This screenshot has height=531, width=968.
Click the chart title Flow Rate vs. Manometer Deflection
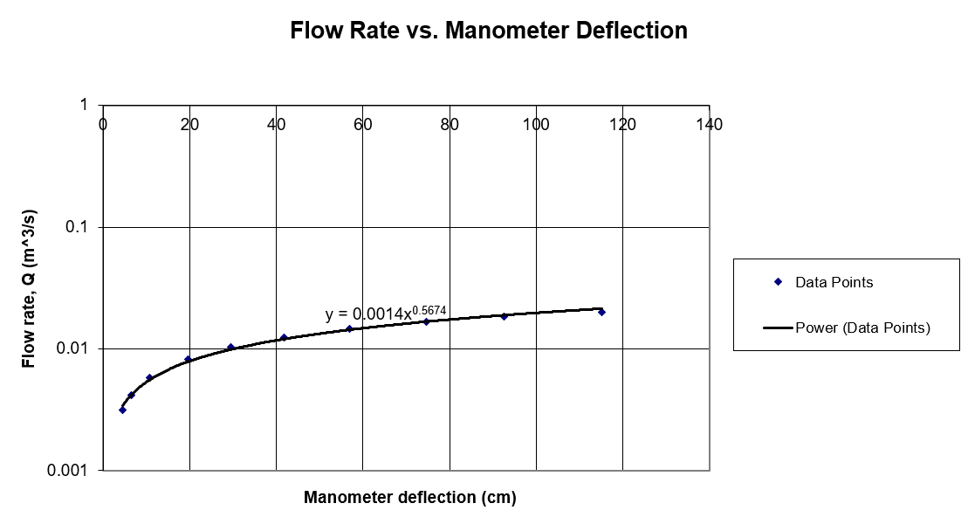tap(488, 31)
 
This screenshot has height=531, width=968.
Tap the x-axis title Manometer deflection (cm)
tap(409, 498)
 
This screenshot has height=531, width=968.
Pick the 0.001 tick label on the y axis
tap(70, 471)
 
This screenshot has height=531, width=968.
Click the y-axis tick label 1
tap(84, 105)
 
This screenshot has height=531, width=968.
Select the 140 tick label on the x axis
tap(710, 124)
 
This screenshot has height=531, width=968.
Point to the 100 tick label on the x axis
tap(536, 124)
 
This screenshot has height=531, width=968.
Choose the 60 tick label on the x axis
tap(363, 124)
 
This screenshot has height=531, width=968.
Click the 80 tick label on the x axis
tap(450, 124)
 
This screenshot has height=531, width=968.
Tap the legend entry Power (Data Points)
tap(862, 328)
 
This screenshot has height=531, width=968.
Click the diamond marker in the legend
tap(777, 281)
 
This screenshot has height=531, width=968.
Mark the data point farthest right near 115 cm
tap(601, 312)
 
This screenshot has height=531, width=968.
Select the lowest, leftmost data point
tap(122, 410)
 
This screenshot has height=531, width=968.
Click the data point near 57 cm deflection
tap(349, 328)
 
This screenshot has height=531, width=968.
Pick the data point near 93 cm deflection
tap(505, 316)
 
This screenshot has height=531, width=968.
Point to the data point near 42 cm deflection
tap(284, 337)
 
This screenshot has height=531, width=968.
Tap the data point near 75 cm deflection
tap(427, 321)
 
